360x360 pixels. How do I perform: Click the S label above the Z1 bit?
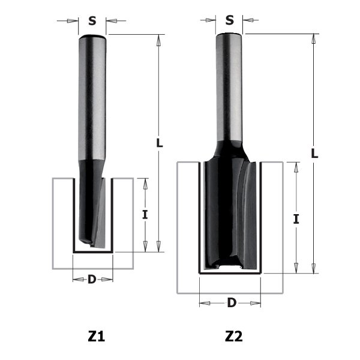(92, 21)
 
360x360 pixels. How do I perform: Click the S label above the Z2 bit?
(230, 20)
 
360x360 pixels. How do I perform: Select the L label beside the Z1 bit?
(159, 143)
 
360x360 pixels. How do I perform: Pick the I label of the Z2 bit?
(296, 219)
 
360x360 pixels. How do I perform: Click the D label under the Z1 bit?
(92, 279)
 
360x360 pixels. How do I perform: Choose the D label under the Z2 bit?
(231, 302)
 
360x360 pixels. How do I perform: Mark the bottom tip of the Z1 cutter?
(92, 244)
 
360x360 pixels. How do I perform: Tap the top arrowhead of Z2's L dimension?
(314, 40)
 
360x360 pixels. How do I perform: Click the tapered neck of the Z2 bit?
(230, 147)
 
